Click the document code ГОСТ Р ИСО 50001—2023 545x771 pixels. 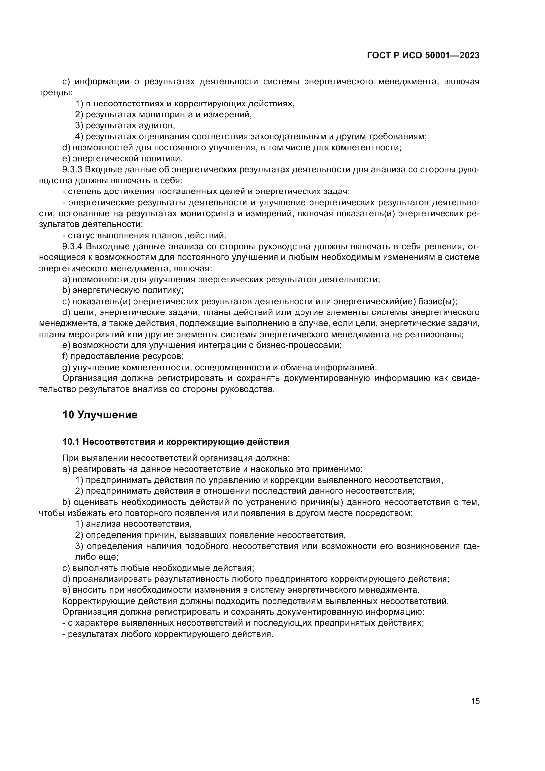pyautogui.click(x=423, y=55)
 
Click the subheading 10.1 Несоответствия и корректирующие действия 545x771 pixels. pyautogui.click(x=176, y=442)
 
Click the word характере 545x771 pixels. pyautogui.click(x=97, y=623)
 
